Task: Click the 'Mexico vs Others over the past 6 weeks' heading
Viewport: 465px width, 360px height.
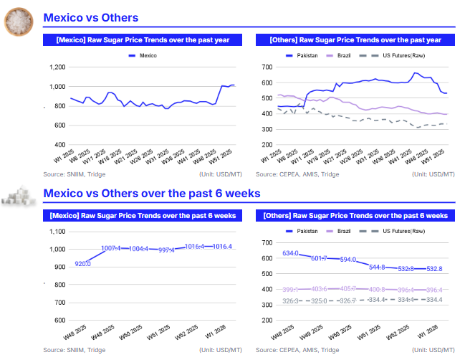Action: tap(151, 193)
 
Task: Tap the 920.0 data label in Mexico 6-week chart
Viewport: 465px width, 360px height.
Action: tap(83, 264)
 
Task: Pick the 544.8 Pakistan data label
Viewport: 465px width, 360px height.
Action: tap(377, 267)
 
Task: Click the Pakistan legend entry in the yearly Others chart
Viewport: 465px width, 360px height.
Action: tap(303, 55)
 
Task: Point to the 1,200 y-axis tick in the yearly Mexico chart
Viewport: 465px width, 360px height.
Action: tap(57, 67)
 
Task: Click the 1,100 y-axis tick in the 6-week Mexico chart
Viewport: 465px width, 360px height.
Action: tap(57, 231)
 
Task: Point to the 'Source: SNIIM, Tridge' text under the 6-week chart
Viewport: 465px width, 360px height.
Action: tap(75, 350)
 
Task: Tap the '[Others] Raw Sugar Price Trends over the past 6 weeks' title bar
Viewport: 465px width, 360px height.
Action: tap(356, 215)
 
